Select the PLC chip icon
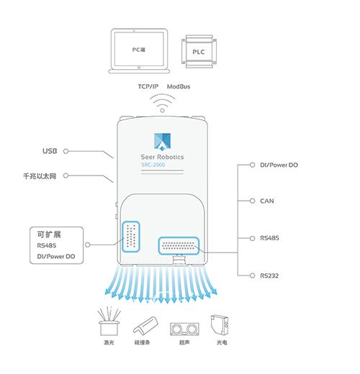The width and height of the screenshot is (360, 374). tap(199, 52)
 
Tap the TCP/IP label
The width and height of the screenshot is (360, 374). tap(148, 86)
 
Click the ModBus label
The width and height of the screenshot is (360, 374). tap(179, 86)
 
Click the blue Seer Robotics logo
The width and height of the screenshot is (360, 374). tap(162, 142)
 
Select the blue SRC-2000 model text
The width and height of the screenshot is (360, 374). tap(153, 165)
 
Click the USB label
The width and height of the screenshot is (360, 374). tap(50, 151)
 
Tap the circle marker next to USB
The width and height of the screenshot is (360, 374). tap(66, 151)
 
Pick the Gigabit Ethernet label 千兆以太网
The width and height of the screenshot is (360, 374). tap(40, 176)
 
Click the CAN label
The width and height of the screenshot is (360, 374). tap(267, 201)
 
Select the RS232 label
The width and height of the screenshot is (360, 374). tap(269, 275)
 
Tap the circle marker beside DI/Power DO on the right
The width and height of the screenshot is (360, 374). tap(252, 165)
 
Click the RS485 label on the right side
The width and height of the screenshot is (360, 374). tap(269, 238)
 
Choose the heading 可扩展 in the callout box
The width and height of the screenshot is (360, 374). tap(49, 234)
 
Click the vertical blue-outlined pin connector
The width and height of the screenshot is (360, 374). tap(131, 237)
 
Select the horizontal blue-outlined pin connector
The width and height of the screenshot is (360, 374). tap(179, 246)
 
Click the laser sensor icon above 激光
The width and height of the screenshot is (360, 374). tap(109, 321)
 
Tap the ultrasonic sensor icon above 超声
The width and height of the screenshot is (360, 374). tap(184, 329)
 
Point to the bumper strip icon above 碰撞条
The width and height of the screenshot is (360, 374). tap(145, 325)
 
